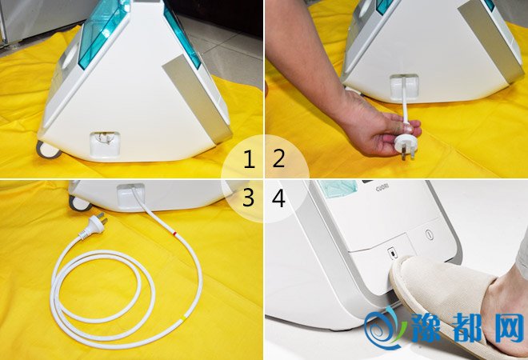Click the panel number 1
249,159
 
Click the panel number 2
278,159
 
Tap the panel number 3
248,198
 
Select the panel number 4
278,198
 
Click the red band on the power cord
174,234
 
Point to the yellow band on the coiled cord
183,318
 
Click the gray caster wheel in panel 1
47,150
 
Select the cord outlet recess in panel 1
105,143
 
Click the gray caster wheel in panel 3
78,203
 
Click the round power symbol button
428,234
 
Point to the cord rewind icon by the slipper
392,253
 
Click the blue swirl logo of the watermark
385,326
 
